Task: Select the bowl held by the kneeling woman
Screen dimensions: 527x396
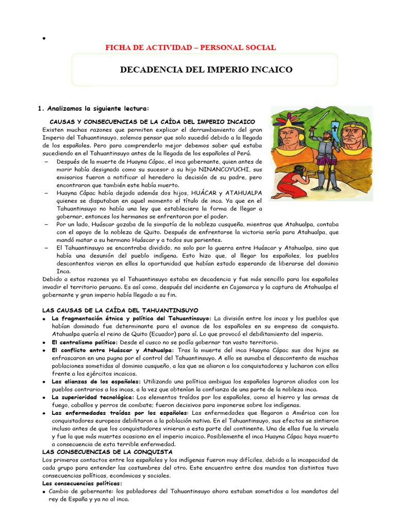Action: pyautogui.click(x=311, y=173)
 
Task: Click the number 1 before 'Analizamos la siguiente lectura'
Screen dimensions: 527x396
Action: pyautogui.click(x=40, y=109)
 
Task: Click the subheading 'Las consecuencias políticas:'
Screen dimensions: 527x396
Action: pyautogui.click(x=81, y=483)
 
